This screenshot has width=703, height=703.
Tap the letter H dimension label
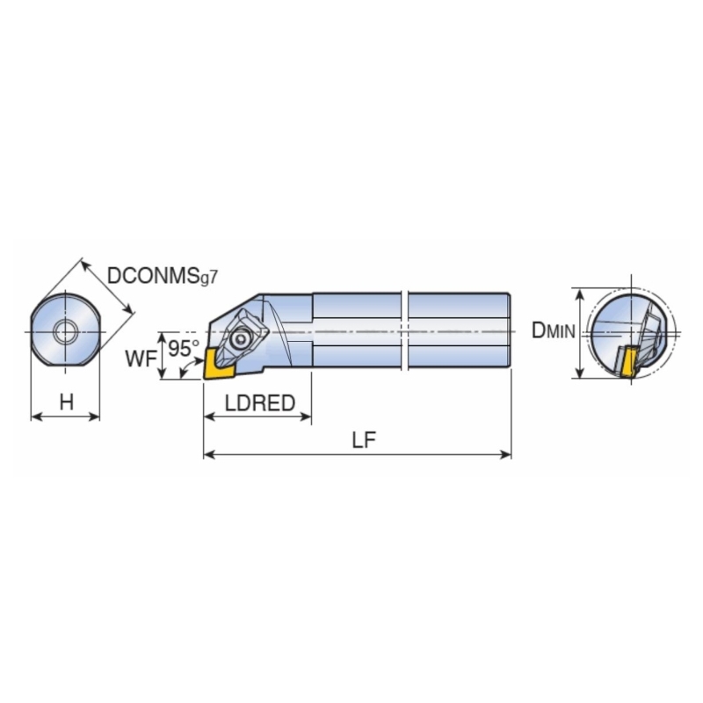(x=67, y=402)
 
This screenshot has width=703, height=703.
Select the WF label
(x=141, y=359)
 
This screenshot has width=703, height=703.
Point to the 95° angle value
(x=183, y=348)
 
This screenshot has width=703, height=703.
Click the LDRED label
(x=260, y=403)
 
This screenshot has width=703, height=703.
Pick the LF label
(x=364, y=440)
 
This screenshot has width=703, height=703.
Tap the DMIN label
(x=553, y=331)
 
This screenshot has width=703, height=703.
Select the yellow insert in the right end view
(x=628, y=362)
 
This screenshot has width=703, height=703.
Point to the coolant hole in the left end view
(x=65, y=332)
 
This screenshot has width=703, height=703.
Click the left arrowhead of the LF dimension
(x=209, y=454)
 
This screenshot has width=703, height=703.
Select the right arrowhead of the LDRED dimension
(x=306, y=417)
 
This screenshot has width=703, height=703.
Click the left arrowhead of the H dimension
(x=37, y=417)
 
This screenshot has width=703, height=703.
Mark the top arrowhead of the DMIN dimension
(x=580, y=294)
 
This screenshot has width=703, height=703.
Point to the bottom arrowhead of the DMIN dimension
(x=580, y=372)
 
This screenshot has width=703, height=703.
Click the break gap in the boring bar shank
(x=404, y=331)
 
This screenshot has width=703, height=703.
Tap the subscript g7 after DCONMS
(x=208, y=278)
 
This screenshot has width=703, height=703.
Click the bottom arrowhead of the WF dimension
(x=163, y=373)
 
